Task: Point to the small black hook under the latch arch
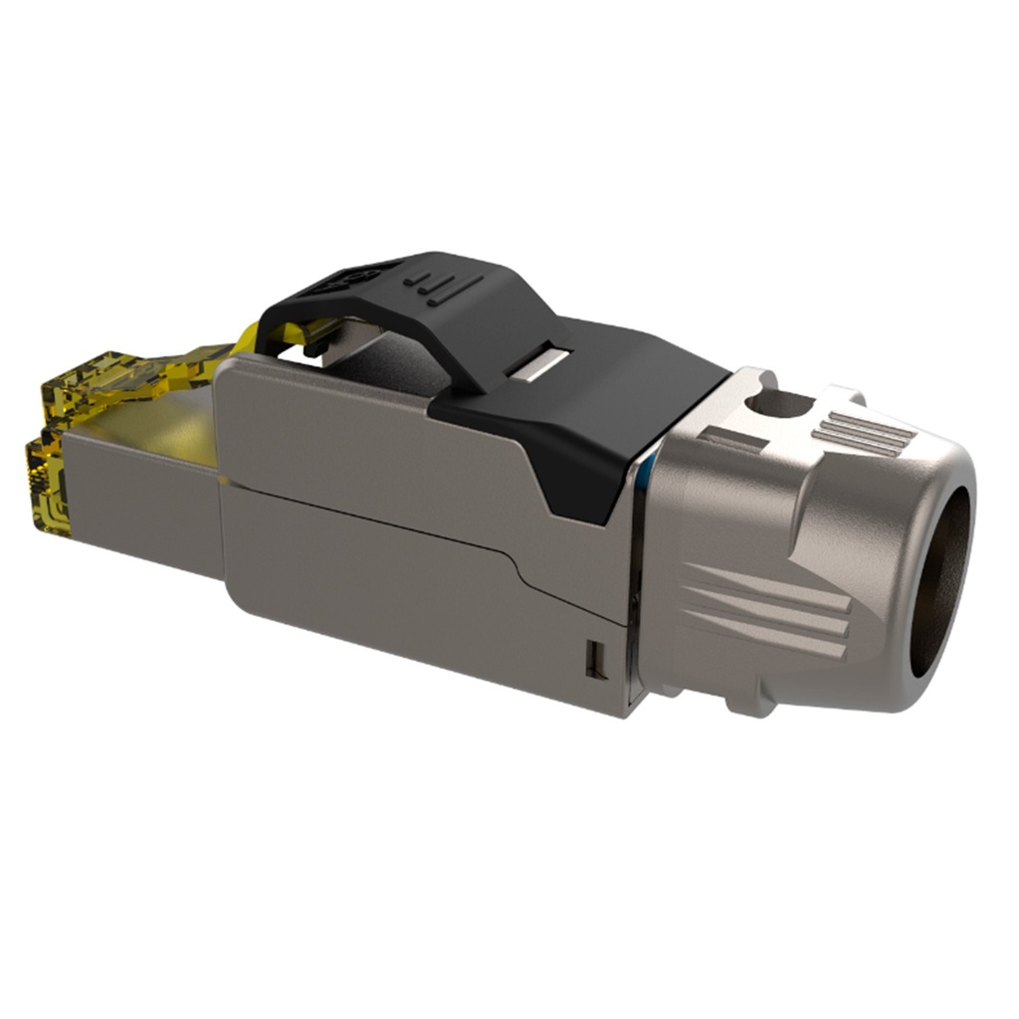pyautogui.click(x=310, y=348)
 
